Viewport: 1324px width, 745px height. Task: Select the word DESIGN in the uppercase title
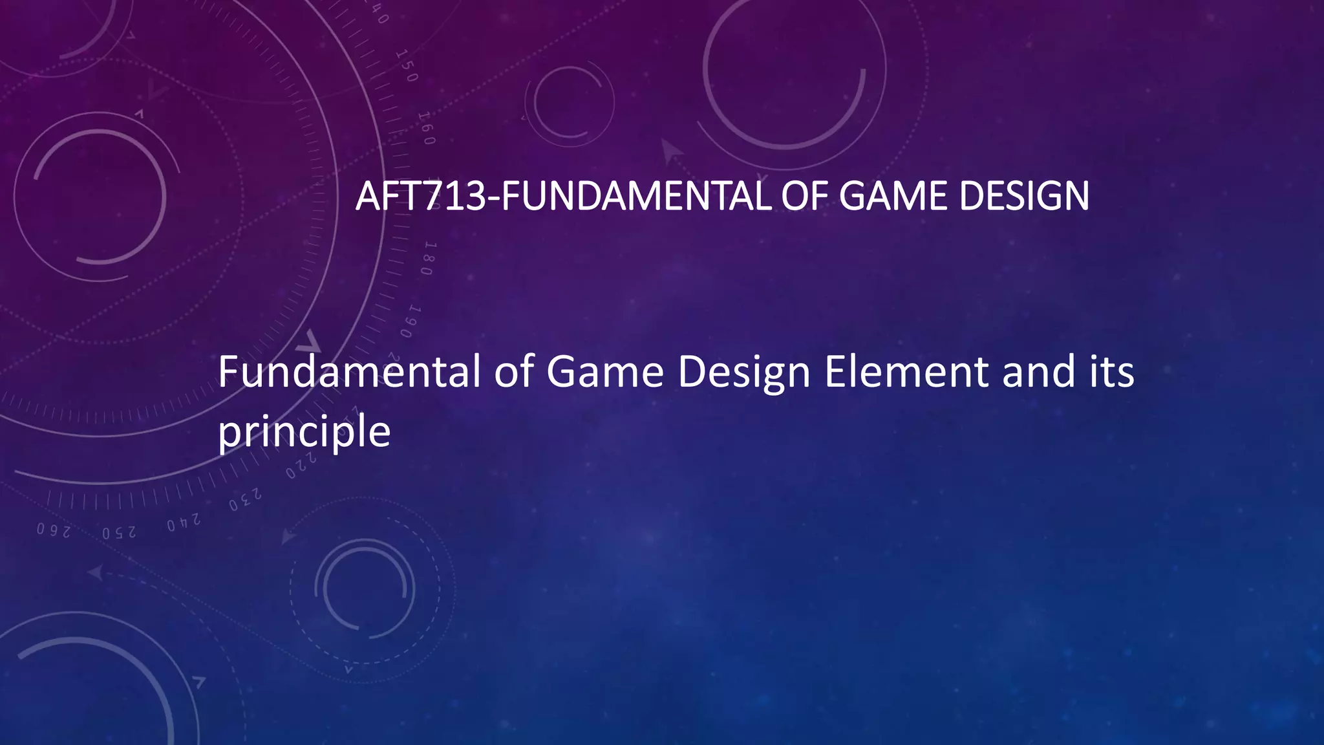coord(1024,196)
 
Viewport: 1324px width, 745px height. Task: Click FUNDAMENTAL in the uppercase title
coord(636,196)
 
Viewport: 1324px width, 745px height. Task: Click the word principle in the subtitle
coord(304,431)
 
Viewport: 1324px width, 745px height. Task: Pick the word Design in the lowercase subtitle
coord(743,374)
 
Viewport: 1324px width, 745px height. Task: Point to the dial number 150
coord(407,66)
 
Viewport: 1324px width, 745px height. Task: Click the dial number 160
coord(426,128)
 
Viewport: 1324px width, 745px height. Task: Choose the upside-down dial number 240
coord(184,522)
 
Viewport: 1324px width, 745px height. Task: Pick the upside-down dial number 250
coord(119,533)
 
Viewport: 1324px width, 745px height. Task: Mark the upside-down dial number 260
coord(53,530)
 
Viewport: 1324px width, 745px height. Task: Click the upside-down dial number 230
coord(245,500)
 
